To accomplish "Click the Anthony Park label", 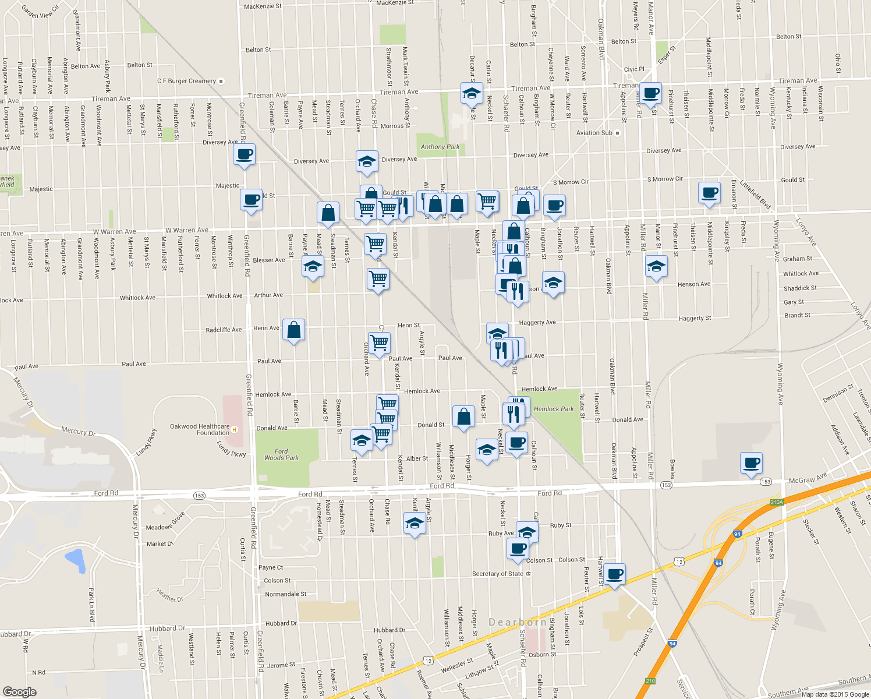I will click(x=440, y=147).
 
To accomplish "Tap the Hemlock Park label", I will click(x=554, y=409).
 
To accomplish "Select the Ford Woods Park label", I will click(x=281, y=454).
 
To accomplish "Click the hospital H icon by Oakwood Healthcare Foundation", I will click(x=235, y=430).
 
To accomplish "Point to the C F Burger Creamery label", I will click(x=186, y=81).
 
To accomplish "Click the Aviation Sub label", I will click(x=594, y=133).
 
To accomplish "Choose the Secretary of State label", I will click(x=498, y=574).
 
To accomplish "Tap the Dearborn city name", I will click(x=518, y=622).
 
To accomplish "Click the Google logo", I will click(x=19, y=691).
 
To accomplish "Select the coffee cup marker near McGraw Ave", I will click(x=751, y=464).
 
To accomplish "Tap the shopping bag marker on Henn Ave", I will click(x=294, y=330).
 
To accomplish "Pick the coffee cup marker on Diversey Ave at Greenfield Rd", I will click(x=244, y=155).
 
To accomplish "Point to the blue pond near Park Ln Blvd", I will click(x=75, y=560).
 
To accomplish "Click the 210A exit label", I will click(x=777, y=502).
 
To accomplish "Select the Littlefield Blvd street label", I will click(x=755, y=195).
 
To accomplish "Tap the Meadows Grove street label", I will click(x=166, y=521).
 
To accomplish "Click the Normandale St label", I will click(x=285, y=594).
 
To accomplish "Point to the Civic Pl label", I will click(x=634, y=69).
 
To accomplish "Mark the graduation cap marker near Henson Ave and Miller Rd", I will click(x=656, y=266).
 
